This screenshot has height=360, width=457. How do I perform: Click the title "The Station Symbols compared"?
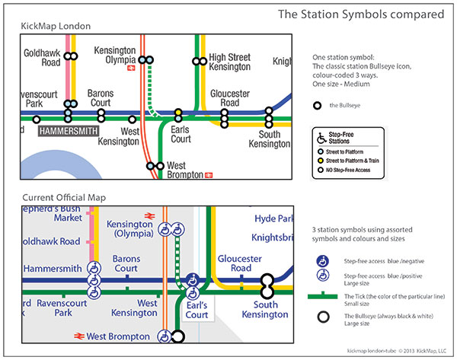coord(360,14)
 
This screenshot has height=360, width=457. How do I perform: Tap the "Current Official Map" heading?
coord(64,197)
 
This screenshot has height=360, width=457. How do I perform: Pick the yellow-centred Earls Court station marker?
coord(178,113)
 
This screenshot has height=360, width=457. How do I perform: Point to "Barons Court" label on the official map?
coord(126,263)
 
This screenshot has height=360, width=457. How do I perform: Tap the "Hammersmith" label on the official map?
coord(53,269)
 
